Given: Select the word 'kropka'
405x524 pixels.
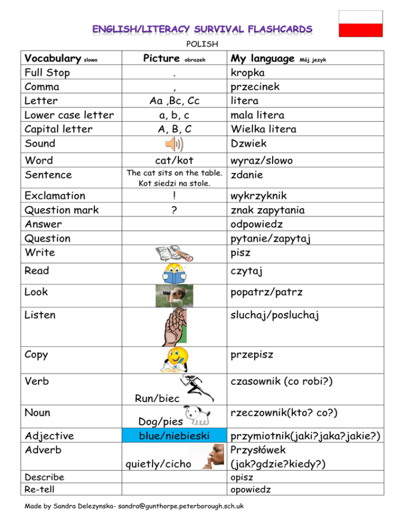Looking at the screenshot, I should pos(248,72).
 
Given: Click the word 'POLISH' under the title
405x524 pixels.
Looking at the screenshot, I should pos(202,44).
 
